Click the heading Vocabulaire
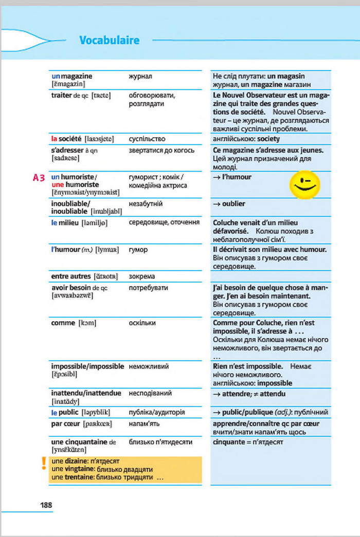click(x=110, y=41)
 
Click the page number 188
click(x=46, y=505)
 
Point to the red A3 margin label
click(x=39, y=178)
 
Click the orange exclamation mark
click(x=44, y=464)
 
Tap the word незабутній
click(x=146, y=204)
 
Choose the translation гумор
click(x=138, y=250)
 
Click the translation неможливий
click(x=149, y=366)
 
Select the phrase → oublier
click(x=229, y=204)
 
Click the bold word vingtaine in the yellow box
click(x=68, y=469)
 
